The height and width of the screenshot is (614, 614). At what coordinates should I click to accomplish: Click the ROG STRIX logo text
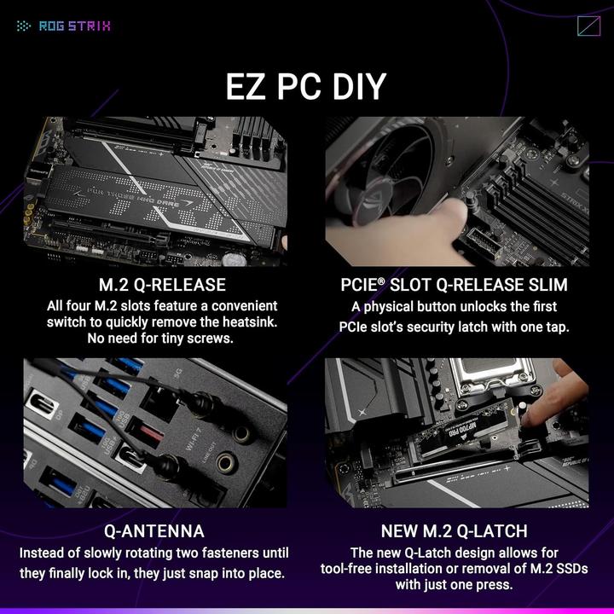point(74,26)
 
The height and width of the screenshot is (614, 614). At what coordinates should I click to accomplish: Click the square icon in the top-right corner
point(588,26)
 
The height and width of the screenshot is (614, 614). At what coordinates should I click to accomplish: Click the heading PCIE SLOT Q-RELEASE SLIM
point(455,284)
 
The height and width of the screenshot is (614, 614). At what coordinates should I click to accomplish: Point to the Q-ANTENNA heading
point(153,531)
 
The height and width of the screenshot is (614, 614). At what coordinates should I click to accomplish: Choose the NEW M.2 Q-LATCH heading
point(454,531)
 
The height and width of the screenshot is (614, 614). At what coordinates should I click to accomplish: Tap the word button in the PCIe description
point(426,306)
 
